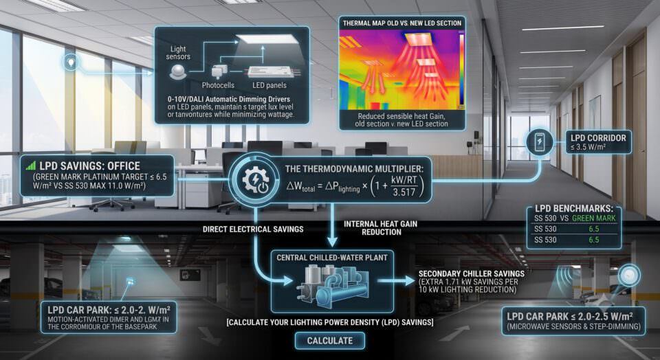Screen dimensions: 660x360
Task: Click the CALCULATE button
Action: coord(329,340)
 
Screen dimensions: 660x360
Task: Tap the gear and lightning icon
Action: coord(255,180)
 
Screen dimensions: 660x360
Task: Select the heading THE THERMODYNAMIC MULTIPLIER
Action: coord(355,168)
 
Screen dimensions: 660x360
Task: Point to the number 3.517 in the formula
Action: coord(404,192)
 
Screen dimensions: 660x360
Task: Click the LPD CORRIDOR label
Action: coord(597,137)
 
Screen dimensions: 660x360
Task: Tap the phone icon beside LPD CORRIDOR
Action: coord(539,142)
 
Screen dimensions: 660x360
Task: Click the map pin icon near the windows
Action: coord(71,63)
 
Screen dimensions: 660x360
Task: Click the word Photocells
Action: coord(218,85)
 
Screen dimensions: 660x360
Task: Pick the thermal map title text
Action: coord(402,23)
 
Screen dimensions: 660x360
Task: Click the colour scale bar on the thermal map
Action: coord(461,69)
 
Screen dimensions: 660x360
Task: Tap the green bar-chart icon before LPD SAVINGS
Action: coord(31,166)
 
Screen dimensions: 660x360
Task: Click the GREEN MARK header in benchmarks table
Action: coord(593,218)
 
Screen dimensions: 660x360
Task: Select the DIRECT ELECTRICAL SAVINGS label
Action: coord(253,229)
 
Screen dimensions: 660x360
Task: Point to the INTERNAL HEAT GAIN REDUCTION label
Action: coord(380,227)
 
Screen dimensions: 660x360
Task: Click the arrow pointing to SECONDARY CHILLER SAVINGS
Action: coord(396,280)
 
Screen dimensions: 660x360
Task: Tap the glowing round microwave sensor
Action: coord(629,275)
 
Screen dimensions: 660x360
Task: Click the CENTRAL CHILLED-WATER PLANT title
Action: coord(331,258)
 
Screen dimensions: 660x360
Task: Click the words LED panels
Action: coord(269,85)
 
